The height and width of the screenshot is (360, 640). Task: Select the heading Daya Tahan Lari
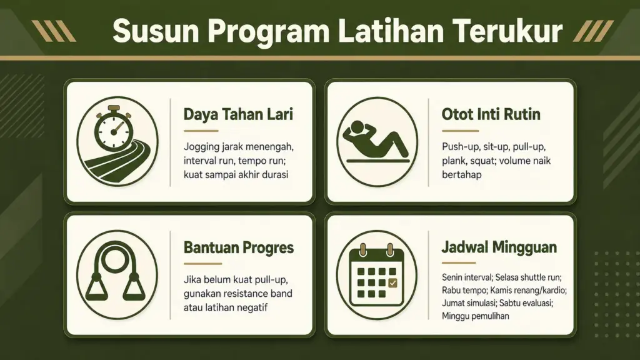pyautogui.click(x=238, y=115)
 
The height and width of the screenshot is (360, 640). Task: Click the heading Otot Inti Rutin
pyautogui.click(x=491, y=115)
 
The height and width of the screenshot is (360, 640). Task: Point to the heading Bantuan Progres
pyautogui.click(x=239, y=247)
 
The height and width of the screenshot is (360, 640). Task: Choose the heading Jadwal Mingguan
pyautogui.click(x=499, y=247)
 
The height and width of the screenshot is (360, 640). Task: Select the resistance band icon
pyautogui.click(x=114, y=274)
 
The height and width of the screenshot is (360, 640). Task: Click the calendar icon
pyautogui.click(x=376, y=275)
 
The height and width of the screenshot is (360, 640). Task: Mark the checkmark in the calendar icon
pyautogui.click(x=392, y=284)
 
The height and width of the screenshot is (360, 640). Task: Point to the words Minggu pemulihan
pyautogui.click(x=475, y=316)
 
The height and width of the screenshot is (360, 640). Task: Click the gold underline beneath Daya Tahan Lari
pyautogui.click(x=201, y=131)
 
